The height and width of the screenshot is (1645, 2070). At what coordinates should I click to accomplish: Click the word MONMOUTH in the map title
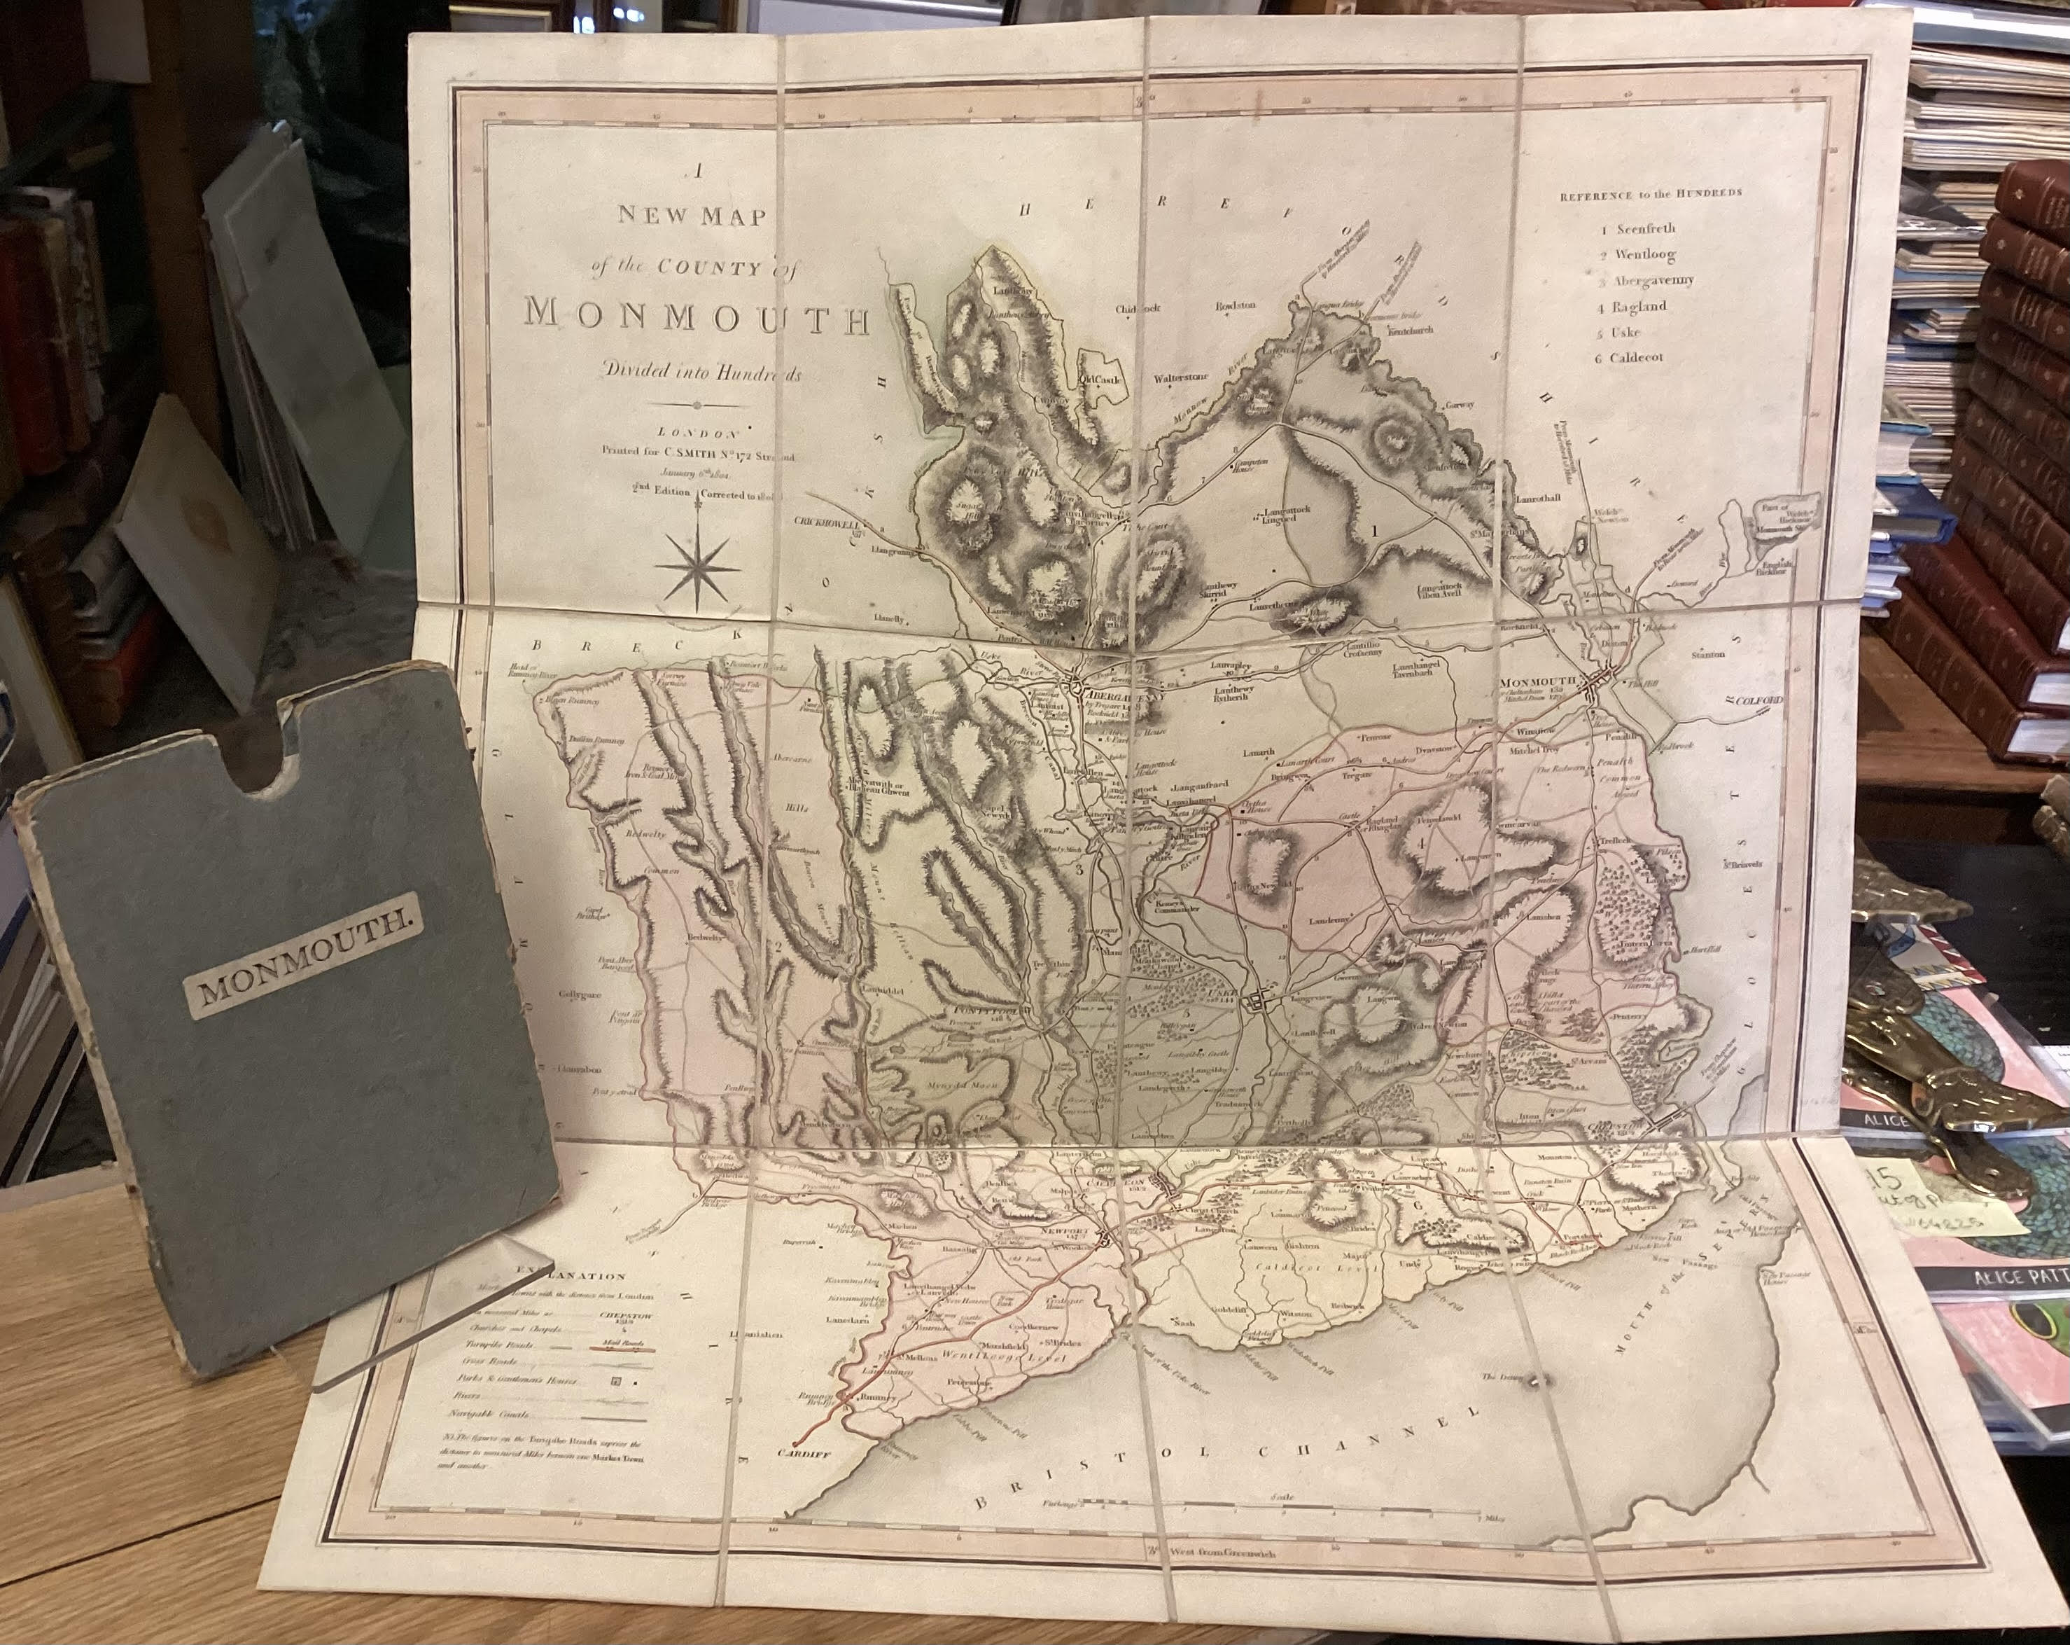click(696, 315)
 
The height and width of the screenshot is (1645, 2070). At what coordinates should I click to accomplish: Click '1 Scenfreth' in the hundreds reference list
click(1636, 230)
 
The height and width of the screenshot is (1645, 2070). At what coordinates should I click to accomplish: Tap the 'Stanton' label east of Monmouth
click(1708, 654)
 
